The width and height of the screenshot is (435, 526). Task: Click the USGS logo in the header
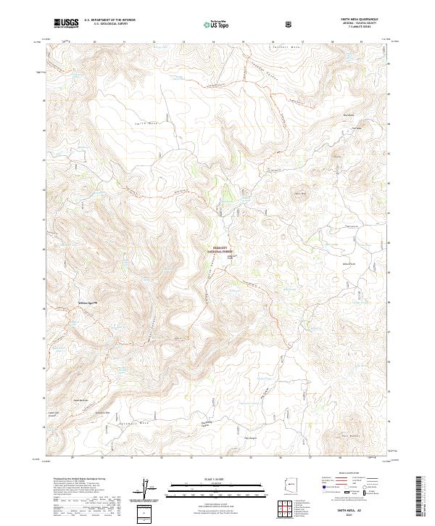pos(66,22)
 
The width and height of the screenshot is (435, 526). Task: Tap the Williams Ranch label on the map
pos(87,303)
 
